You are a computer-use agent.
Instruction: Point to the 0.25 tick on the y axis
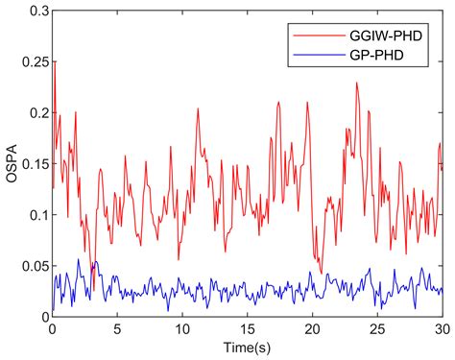coord(32,61)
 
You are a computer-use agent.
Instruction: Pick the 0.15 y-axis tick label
coord(32,163)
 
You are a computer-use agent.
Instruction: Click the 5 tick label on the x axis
coord(117,328)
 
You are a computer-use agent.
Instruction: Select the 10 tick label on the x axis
coord(182,328)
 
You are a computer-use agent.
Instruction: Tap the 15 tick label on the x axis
coord(248,328)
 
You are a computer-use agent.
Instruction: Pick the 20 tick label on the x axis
coord(313,328)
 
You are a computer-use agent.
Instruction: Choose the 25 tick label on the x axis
coord(378,328)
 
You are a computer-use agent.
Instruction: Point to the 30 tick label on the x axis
coord(442,328)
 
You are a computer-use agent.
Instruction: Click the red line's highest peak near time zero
coord(55,62)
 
